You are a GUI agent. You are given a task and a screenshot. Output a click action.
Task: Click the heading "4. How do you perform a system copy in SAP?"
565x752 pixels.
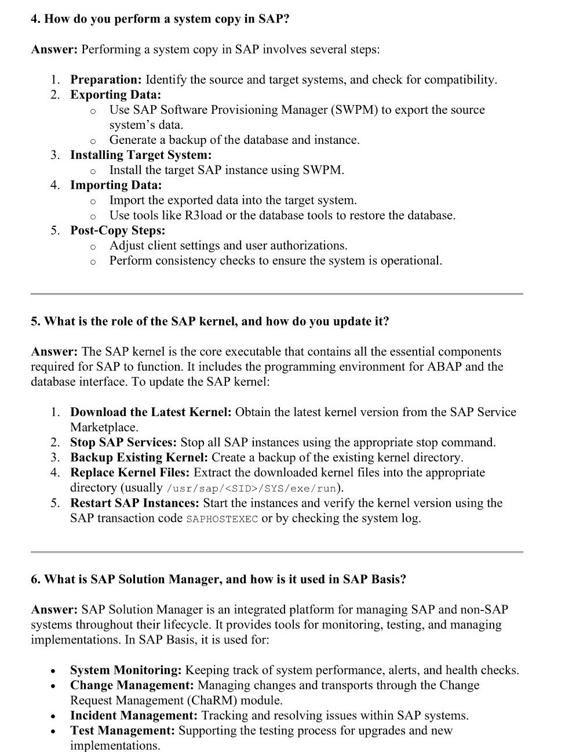point(160,19)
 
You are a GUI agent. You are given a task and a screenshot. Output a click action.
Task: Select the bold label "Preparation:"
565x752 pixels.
point(105,79)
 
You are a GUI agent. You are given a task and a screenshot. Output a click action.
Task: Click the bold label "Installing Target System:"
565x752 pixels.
point(141,155)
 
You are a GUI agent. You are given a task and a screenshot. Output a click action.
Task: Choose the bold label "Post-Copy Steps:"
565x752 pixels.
point(118,230)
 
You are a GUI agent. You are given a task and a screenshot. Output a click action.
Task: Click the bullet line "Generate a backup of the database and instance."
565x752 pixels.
point(234,140)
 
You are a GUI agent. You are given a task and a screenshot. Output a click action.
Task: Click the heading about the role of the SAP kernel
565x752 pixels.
point(210,321)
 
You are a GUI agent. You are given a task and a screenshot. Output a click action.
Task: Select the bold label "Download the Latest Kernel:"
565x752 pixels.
point(151,412)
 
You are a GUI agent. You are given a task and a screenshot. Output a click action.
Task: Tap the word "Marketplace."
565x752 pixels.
point(104,427)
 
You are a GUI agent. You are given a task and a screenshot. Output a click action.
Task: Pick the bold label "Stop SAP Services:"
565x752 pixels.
point(123,442)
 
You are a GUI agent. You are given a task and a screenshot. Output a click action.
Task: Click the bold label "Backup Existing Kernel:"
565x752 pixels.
point(138,457)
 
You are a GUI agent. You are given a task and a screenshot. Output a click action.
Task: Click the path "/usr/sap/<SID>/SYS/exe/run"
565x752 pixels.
point(251,489)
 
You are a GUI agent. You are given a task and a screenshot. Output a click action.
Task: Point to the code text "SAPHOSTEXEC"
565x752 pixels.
point(222,519)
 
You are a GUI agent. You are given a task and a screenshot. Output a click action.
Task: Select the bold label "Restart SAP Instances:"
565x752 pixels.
point(134,502)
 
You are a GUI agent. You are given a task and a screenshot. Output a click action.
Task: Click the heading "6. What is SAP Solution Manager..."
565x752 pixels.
point(218,579)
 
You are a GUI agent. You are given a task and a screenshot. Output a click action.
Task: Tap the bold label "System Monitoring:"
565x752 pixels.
point(126,670)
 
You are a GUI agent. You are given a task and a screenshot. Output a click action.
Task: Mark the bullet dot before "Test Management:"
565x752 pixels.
point(53,732)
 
